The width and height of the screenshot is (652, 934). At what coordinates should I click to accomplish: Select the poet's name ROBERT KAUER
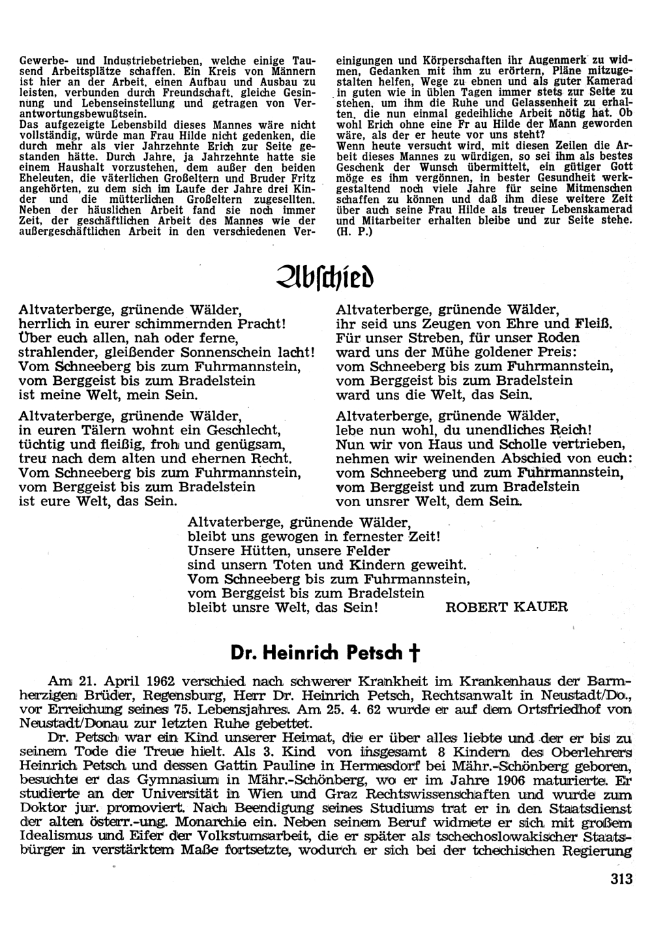click(x=507, y=607)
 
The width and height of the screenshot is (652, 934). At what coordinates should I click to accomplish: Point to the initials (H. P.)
click(x=354, y=232)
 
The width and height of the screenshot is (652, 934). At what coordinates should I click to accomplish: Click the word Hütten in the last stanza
click(x=250, y=550)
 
